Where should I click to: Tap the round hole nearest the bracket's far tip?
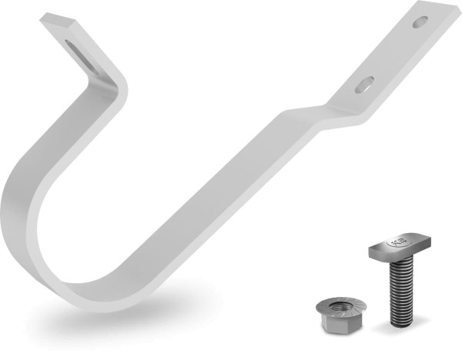(x=419, y=22)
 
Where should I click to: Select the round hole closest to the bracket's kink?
(x=364, y=82)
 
